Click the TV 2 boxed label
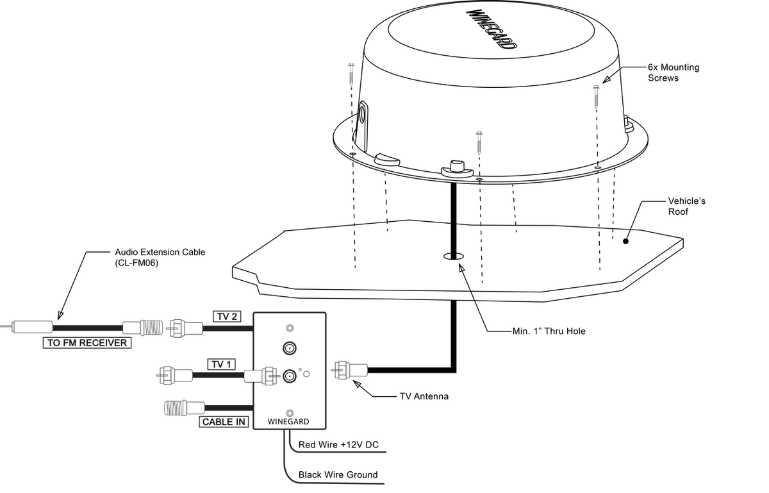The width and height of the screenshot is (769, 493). tap(227, 317)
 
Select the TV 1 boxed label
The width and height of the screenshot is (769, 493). tap(222, 364)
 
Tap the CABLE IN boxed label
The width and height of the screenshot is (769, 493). tap(224, 422)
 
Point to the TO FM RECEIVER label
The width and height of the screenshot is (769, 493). tap(87, 343)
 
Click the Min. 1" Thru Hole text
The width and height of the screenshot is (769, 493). tap(549, 331)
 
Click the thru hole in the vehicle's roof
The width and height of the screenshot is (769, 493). tap(454, 256)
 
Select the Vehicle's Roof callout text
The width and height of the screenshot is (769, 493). tap(686, 206)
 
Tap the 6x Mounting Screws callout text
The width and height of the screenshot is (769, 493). tap(674, 72)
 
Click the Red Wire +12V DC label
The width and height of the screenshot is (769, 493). tap(338, 445)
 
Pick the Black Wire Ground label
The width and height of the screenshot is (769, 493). tap(338, 475)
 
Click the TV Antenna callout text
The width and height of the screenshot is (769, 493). tap(424, 396)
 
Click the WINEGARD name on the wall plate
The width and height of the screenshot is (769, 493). tap(288, 422)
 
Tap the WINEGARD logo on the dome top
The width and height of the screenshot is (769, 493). tap(492, 29)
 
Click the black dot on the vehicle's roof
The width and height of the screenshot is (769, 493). tap(625, 241)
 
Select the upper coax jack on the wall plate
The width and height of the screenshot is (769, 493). tap(290, 348)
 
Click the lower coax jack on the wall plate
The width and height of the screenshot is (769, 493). tap(290, 376)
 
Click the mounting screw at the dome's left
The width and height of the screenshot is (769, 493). tap(351, 73)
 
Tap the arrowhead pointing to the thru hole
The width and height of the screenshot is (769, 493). tap(462, 268)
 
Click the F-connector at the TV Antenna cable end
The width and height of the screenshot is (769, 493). tap(349, 370)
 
